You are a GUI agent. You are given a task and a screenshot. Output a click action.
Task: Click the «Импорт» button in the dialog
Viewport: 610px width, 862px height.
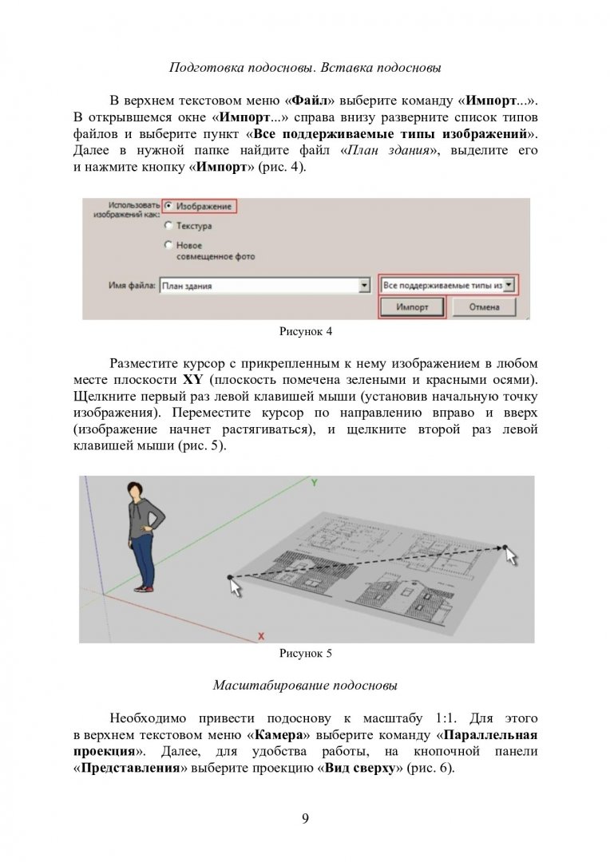click(x=411, y=307)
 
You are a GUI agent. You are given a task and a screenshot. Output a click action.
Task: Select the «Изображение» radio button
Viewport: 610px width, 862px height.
click(x=168, y=205)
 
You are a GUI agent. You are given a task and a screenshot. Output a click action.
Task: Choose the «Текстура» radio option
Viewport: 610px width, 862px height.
click(x=168, y=226)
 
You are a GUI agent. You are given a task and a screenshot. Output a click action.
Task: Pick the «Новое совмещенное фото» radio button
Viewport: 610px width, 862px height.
click(x=168, y=245)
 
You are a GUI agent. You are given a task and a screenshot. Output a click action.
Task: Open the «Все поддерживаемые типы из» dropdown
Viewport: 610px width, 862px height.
click(x=511, y=284)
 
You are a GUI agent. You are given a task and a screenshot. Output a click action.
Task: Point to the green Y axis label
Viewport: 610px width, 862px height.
click(x=315, y=483)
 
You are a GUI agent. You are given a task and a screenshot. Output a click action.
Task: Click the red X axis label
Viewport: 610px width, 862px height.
click(x=261, y=635)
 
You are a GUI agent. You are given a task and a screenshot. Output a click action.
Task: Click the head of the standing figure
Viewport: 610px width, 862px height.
click(x=137, y=493)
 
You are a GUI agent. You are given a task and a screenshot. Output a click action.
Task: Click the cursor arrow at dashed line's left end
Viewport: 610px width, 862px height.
click(x=236, y=587)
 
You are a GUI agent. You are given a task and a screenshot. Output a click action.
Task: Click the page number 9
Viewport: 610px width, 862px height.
click(x=305, y=817)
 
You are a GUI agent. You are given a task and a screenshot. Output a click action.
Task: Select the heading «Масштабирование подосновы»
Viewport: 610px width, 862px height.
click(x=305, y=685)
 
